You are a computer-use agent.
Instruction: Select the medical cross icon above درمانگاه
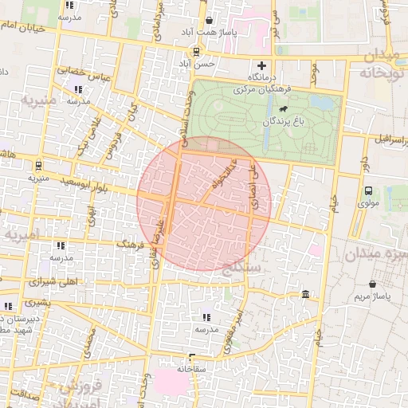pos(261,65)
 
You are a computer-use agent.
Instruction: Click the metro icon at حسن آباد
pos(196,51)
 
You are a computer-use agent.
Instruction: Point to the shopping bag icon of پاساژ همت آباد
pos(209,21)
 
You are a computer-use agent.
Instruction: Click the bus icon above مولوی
pos(367,191)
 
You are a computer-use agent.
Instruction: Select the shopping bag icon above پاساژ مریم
pos(373,284)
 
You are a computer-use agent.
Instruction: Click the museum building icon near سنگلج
pos(306,296)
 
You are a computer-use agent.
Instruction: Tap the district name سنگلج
pos(244,269)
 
